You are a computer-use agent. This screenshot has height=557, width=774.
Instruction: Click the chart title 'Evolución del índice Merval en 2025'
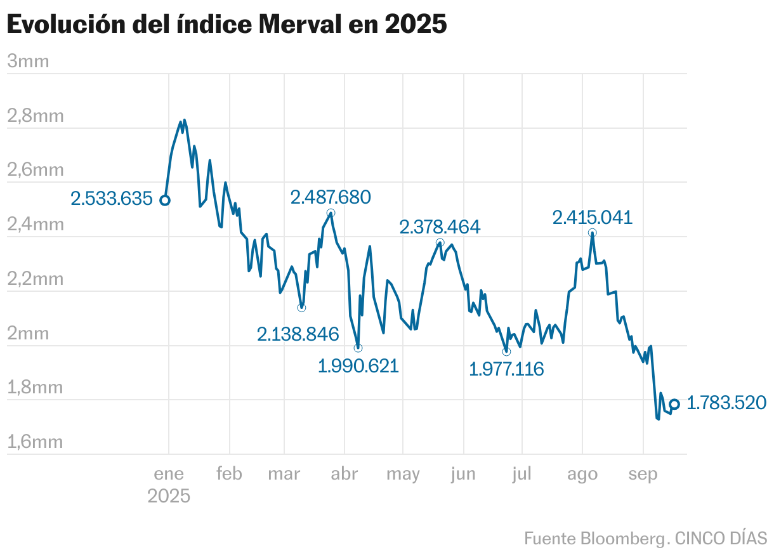pos(226,25)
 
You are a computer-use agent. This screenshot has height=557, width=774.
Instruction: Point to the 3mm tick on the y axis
pos(28,62)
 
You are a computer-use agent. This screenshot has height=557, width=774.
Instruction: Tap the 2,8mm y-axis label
pos(35,116)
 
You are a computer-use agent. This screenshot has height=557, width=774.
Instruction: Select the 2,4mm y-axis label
pos(35,225)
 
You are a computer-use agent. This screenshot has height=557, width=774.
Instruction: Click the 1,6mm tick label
pos(35,442)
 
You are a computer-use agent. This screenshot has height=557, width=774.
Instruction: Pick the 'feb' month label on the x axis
pos(229,474)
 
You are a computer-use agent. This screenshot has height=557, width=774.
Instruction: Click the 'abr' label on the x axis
pos(344,474)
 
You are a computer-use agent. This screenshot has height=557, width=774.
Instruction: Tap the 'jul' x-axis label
pos(521,474)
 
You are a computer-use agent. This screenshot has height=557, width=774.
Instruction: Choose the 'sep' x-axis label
pos(643,474)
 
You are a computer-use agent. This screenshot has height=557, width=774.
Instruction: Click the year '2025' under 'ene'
pos(169,495)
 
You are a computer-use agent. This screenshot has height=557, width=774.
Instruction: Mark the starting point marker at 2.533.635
pos(164,200)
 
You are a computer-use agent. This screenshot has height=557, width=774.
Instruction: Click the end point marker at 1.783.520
pos(674,404)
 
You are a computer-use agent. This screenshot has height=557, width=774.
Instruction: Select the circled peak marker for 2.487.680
pos(331,213)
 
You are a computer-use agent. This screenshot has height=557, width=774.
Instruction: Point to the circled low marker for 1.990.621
pos(358,348)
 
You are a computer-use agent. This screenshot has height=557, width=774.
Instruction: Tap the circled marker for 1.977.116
pos(506,351)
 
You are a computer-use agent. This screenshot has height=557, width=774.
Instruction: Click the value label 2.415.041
pos(593,218)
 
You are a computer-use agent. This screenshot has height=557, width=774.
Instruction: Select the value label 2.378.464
pos(440,226)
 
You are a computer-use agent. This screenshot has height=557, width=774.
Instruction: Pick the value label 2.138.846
pos(298,334)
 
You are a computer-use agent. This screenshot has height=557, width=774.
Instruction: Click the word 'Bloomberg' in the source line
pos(625,539)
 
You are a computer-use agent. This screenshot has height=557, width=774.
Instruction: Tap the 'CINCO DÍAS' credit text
pos(721,539)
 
